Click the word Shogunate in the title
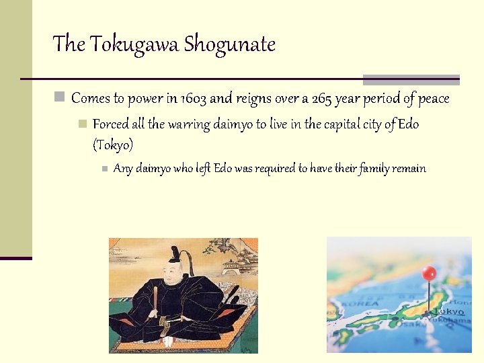(x=229, y=44)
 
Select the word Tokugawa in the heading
(x=134, y=44)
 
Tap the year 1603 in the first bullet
(x=194, y=99)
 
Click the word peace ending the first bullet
(x=434, y=99)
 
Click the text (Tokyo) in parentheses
(x=113, y=145)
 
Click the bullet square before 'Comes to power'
(x=60, y=98)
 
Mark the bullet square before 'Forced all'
(x=82, y=124)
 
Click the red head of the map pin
(x=429, y=274)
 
